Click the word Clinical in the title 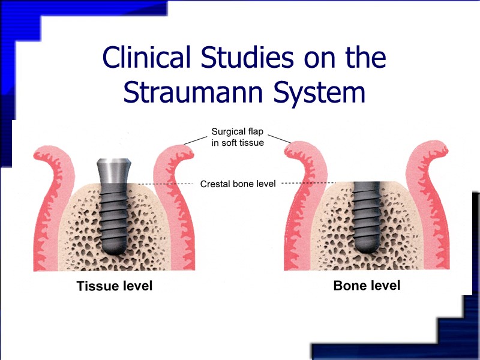(x=143, y=58)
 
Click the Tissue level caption (x=115, y=286)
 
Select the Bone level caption (x=367, y=286)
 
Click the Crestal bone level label (x=238, y=184)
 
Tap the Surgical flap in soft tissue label (x=238, y=137)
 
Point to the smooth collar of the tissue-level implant (x=113, y=170)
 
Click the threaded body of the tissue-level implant (x=113, y=213)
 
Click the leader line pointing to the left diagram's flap (x=196, y=140)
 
